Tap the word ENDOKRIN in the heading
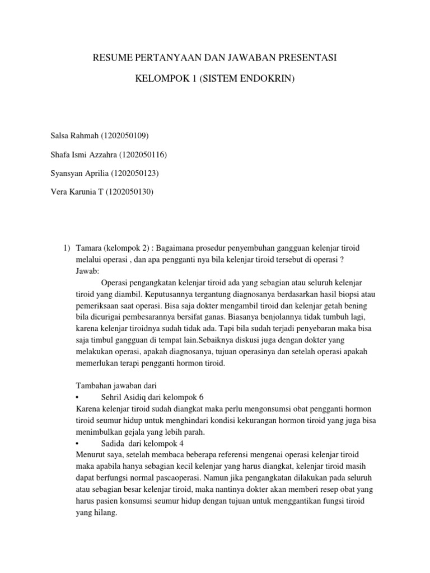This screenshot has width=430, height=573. point(268,80)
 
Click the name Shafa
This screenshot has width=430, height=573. point(62,154)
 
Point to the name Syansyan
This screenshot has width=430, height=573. point(68,173)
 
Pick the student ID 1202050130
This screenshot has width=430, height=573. point(129,192)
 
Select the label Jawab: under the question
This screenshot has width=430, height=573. point(87,271)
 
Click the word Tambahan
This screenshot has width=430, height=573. point(93,386)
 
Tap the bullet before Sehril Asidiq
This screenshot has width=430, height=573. point(77,397)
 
